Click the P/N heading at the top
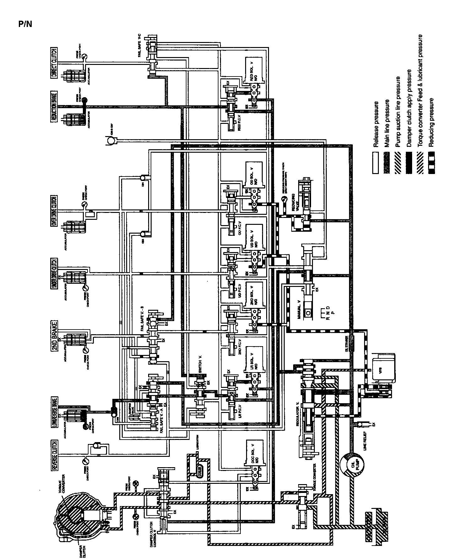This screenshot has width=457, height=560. tap(25, 24)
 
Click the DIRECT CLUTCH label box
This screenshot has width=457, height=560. tap(54, 63)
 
